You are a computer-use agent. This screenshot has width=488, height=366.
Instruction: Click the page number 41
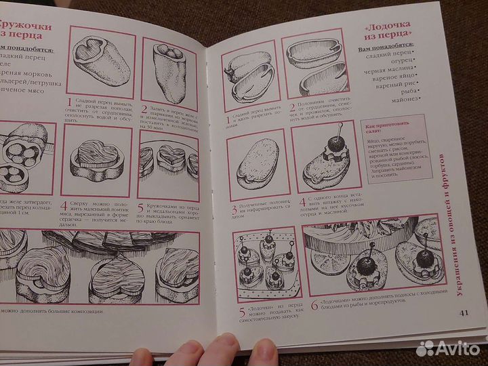click(x=464, y=312)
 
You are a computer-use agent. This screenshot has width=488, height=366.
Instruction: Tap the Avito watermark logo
click(x=448, y=348)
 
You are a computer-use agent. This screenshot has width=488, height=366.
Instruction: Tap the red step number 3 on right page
click(x=234, y=211)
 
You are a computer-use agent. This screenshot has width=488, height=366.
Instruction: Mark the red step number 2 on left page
click(x=144, y=108)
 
